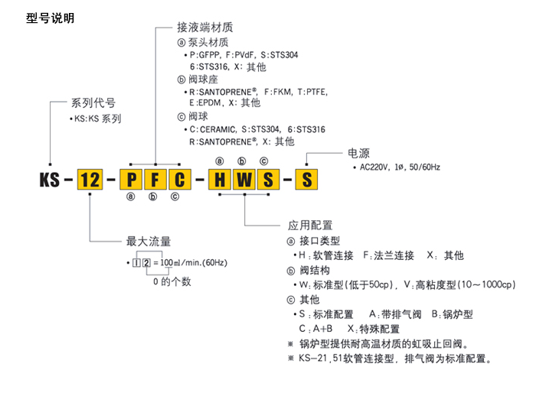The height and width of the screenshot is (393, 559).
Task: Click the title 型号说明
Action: point(50,17)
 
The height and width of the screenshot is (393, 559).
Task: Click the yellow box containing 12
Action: point(90,180)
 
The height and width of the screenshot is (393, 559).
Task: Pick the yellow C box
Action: point(178,180)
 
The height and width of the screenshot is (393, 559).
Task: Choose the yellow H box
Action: point(221,180)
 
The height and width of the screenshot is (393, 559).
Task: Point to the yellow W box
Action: point(244,180)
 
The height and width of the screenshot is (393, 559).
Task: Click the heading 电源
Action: point(358,151)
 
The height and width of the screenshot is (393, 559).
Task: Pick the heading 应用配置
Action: point(310,226)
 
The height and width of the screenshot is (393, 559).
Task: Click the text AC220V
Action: point(376,167)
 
